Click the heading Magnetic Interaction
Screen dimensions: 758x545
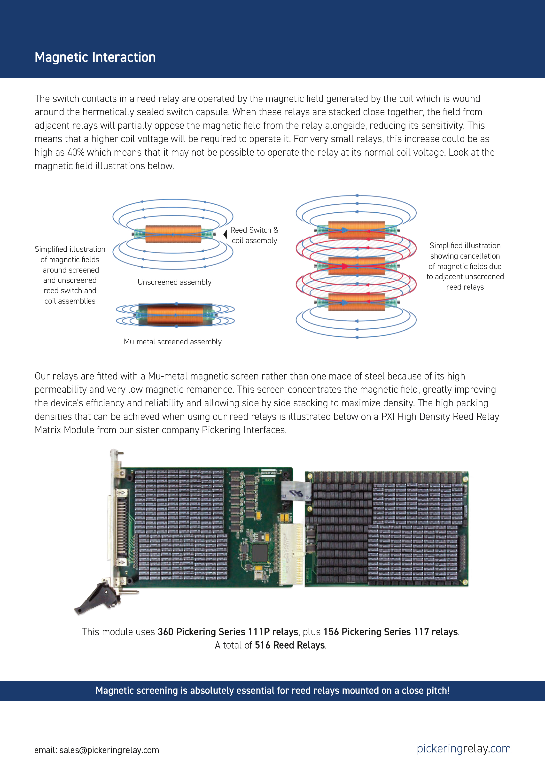(95, 57)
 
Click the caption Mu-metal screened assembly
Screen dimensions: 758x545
(172, 341)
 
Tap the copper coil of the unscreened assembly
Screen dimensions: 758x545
(173, 234)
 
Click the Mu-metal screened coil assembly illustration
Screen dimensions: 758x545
(175, 315)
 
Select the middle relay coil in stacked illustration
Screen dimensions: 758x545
(356, 266)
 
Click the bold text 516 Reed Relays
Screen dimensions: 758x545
(289, 645)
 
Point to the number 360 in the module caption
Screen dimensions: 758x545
(165, 632)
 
